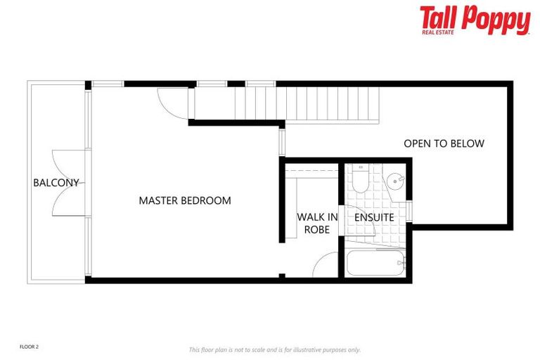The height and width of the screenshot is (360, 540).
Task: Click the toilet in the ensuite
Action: pos(359,182)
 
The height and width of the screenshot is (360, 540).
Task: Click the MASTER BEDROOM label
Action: pos(184,200)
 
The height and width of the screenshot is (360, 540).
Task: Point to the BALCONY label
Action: pos(56,183)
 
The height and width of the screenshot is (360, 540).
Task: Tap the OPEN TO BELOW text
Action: pos(444,143)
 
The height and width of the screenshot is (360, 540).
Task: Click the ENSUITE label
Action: pos(373,217)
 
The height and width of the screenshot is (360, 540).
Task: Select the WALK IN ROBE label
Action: pos(317,223)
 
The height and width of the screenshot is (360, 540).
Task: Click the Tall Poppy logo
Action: pos(475,20)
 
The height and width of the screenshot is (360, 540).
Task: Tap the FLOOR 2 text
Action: pos(29,347)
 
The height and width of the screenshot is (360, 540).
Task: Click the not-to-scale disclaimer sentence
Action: pos(274,349)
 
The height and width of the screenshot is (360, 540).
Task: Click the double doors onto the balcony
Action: pos(68,183)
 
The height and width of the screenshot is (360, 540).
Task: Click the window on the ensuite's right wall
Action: pos(409,211)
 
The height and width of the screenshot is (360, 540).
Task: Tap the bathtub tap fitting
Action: pos(401,264)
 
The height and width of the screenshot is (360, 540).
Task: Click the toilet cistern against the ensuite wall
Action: pos(359,169)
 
